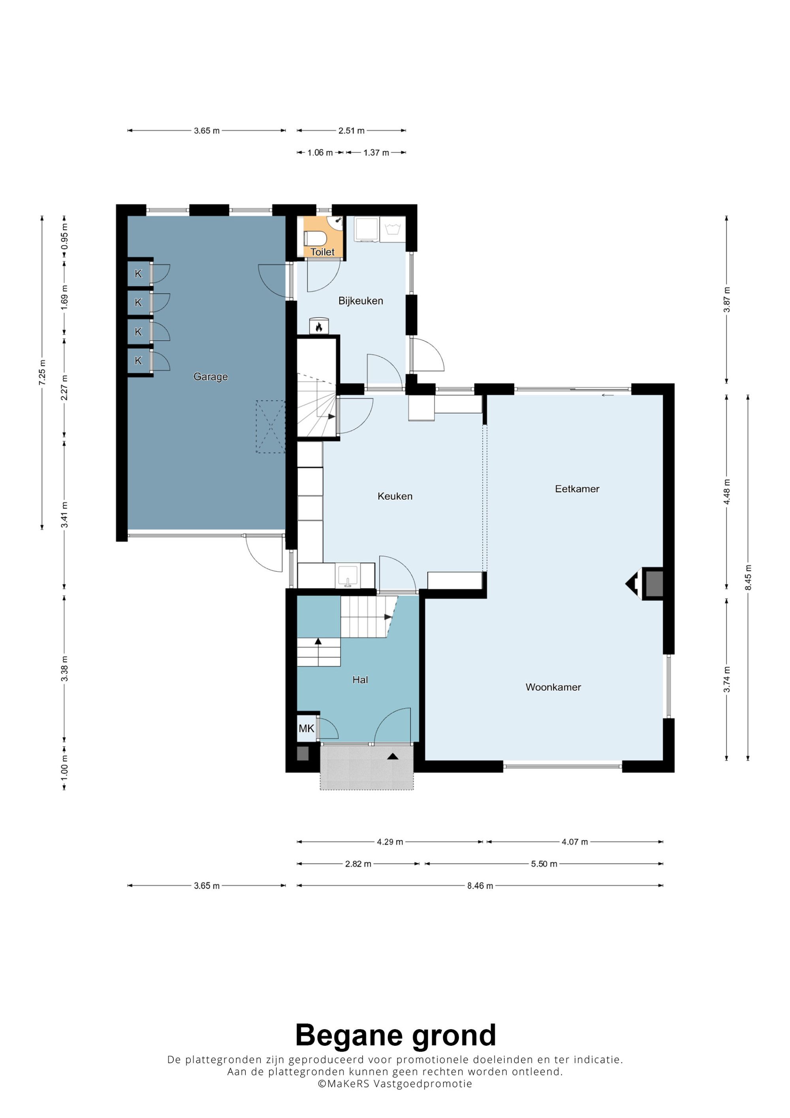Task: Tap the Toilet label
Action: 322,252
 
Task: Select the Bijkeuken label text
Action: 361,301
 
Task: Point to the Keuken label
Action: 395,496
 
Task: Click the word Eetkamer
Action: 577,489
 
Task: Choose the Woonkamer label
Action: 553,687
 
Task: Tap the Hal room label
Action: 360,680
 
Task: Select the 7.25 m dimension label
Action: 42,373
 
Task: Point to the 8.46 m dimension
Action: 480,886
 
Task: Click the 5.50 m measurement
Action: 544,864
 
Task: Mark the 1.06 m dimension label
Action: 320,153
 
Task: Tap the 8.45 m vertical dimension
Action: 748,578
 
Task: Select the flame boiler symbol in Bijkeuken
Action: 319,327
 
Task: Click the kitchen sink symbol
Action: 347,576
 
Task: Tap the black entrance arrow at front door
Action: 393,756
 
